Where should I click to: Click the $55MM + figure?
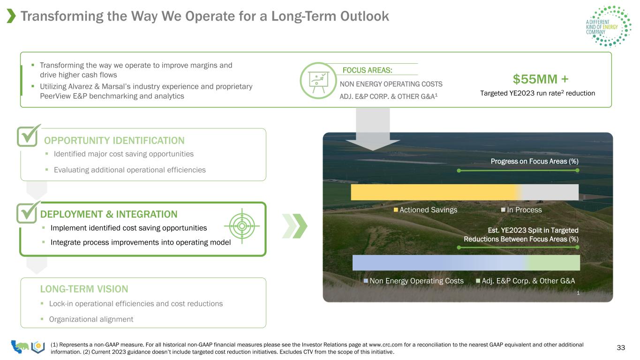point(541,79)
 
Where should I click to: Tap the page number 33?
point(621,347)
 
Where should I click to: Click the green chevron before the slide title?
point(11,16)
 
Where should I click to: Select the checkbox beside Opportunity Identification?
point(28,136)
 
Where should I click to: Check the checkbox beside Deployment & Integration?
point(28,212)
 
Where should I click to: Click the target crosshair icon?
point(242,226)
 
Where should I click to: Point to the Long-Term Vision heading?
point(84,289)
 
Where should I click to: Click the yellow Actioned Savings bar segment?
point(434,192)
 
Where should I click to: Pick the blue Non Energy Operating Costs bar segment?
point(439,262)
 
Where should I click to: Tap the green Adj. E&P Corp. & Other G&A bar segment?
point(554,262)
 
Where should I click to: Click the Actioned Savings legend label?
point(428,210)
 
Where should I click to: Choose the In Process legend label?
point(524,210)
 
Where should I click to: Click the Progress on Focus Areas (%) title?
point(535,161)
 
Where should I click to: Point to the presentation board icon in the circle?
point(318,81)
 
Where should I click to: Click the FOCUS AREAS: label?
point(367,70)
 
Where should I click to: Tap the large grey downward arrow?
point(373,129)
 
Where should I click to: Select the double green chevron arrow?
point(294,226)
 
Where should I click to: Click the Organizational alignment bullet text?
point(91,319)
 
